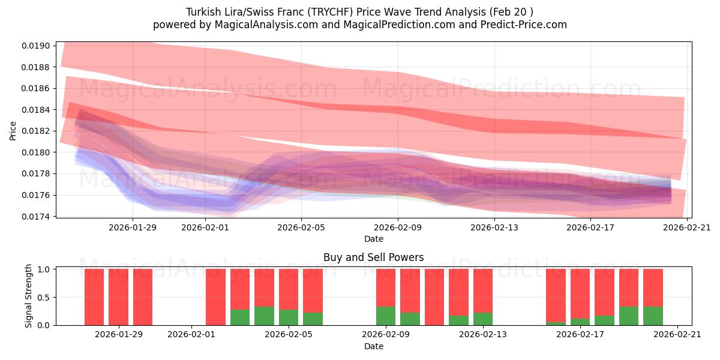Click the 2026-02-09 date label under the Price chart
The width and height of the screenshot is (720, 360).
coord(398,227)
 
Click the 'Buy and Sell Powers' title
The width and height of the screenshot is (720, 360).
coord(373,257)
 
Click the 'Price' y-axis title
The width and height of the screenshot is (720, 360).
coord(13,130)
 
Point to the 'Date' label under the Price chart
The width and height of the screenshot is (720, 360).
coord(373,239)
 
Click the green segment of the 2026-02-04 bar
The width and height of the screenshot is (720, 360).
coord(264,316)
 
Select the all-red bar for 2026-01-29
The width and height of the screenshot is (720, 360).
coord(143,297)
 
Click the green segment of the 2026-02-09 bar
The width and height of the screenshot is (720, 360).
coord(386,316)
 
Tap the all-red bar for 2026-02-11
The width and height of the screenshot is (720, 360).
coord(434,297)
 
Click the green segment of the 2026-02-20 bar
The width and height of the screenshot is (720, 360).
coord(653,316)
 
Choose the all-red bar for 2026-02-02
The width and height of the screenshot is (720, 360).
coord(215,297)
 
